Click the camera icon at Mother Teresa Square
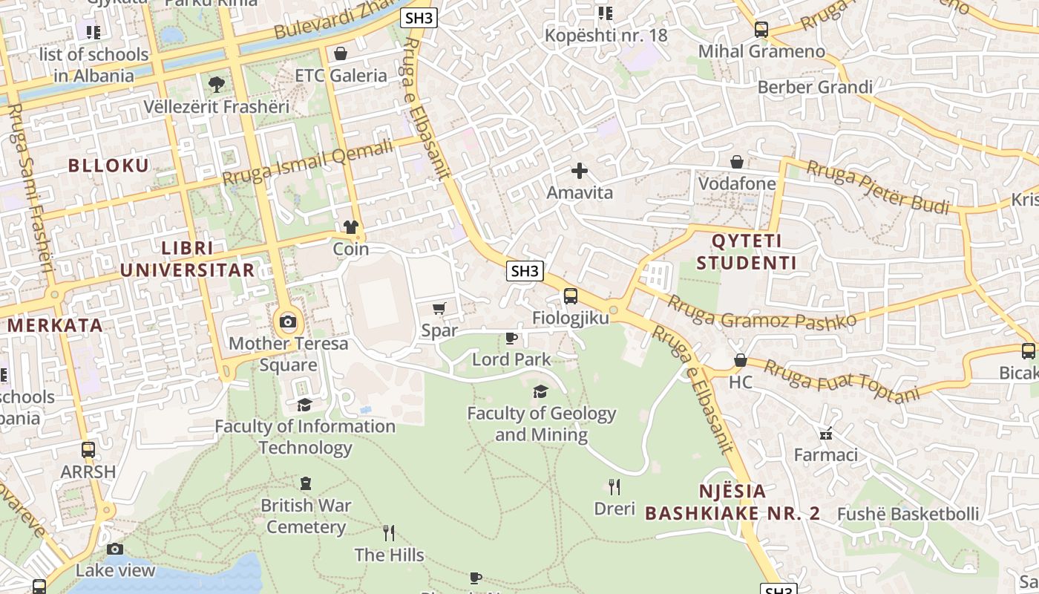click(x=288, y=322)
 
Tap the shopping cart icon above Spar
click(x=439, y=308)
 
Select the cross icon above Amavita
click(x=580, y=171)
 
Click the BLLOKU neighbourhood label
click(x=109, y=166)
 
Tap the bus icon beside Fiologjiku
click(x=570, y=296)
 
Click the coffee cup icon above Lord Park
click(x=511, y=339)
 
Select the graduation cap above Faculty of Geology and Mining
click(x=541, y=391)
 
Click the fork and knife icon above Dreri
click(x=614, y=487)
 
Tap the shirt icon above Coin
click(x=351, y=227)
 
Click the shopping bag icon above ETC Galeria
click(x=341, y=53)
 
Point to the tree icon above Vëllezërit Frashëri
click(x=216, y=85)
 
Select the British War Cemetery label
click(x=306, y=516)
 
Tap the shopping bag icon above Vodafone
click(x=737, y=162)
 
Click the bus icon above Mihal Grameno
click(x=761, y=30)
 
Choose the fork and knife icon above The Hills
click(x=389, y=532)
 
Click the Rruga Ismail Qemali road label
click(x=307, y=163)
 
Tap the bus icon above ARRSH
click(x=88, y=450)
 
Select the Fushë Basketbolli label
click(x=908, y=514)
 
